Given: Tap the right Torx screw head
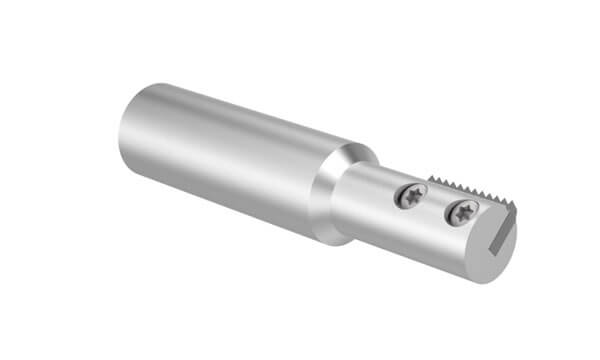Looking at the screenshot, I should pos(462,211).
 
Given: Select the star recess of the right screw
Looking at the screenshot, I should pos(462,211).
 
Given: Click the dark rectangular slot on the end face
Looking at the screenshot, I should pos(504,245).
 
